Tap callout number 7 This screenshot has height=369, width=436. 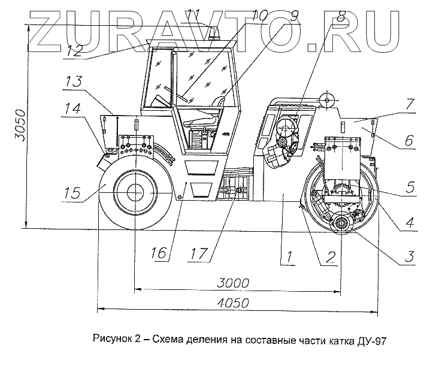point(408,104)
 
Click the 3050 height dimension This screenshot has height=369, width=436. point(19,125)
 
